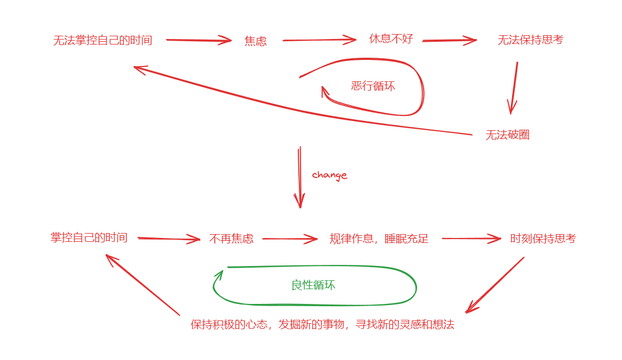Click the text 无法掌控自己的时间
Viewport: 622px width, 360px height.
pos(103,40)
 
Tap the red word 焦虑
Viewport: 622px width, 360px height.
pos(256,41)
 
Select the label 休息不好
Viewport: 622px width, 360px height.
pos(391,39)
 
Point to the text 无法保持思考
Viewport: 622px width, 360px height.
pos(530,40)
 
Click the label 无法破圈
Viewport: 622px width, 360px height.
pos(507,135)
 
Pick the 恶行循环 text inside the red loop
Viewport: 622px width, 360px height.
pos(373,86)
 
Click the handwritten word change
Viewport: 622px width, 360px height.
pos(330,175)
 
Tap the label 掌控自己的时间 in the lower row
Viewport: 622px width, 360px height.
pos(89,237)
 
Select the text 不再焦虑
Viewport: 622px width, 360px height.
pos(231,239)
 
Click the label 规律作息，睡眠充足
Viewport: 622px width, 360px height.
pos(379,239)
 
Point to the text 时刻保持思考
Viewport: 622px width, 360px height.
pos(543,239)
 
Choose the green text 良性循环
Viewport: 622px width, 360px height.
pos(313,285)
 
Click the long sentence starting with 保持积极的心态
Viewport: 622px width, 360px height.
pos(323,324)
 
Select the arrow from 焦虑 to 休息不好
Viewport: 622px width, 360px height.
pos(319,40)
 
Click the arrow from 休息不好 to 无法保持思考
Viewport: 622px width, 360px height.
pos(449,40)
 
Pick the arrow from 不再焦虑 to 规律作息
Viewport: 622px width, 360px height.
pos(290,239)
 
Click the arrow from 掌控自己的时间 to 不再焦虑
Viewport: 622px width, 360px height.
pos(168,239)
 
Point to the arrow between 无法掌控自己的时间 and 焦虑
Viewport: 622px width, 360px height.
pos(198,40)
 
